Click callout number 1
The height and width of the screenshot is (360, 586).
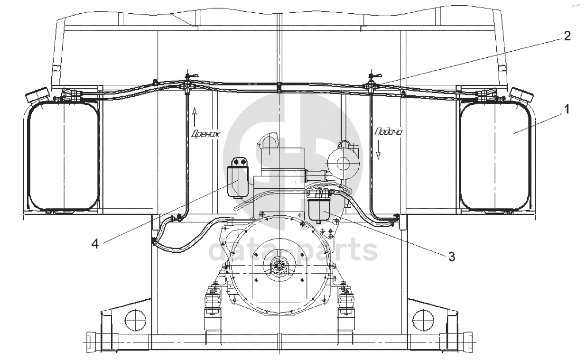point(567,109)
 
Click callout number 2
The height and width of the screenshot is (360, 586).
point(567,36)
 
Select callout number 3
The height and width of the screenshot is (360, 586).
point(452,257)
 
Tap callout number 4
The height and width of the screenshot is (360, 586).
point(95,244)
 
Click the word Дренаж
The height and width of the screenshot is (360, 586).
point(206,134)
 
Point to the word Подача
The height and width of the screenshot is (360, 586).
point(389,132)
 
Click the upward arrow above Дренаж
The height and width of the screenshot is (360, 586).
point(194,117)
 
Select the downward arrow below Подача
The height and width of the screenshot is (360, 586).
point(378,149)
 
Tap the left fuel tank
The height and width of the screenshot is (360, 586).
point(64,156)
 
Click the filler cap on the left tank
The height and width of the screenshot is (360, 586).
point(37,95)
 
